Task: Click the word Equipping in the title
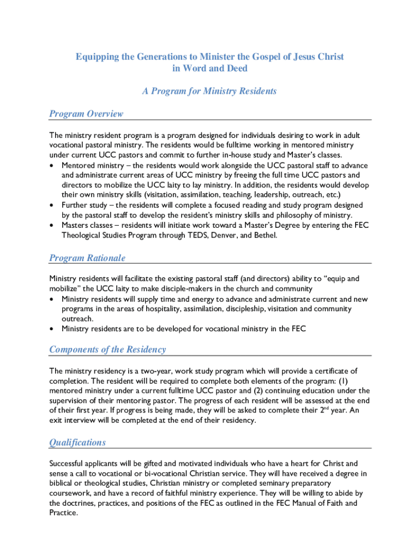(x=96, y=57)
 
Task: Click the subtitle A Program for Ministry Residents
(x=209, y=91)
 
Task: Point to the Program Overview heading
(x=86, y=114)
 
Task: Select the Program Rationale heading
(x=87, y=258)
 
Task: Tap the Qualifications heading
(x=77, y=442)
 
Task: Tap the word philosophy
(x=304, y=215)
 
